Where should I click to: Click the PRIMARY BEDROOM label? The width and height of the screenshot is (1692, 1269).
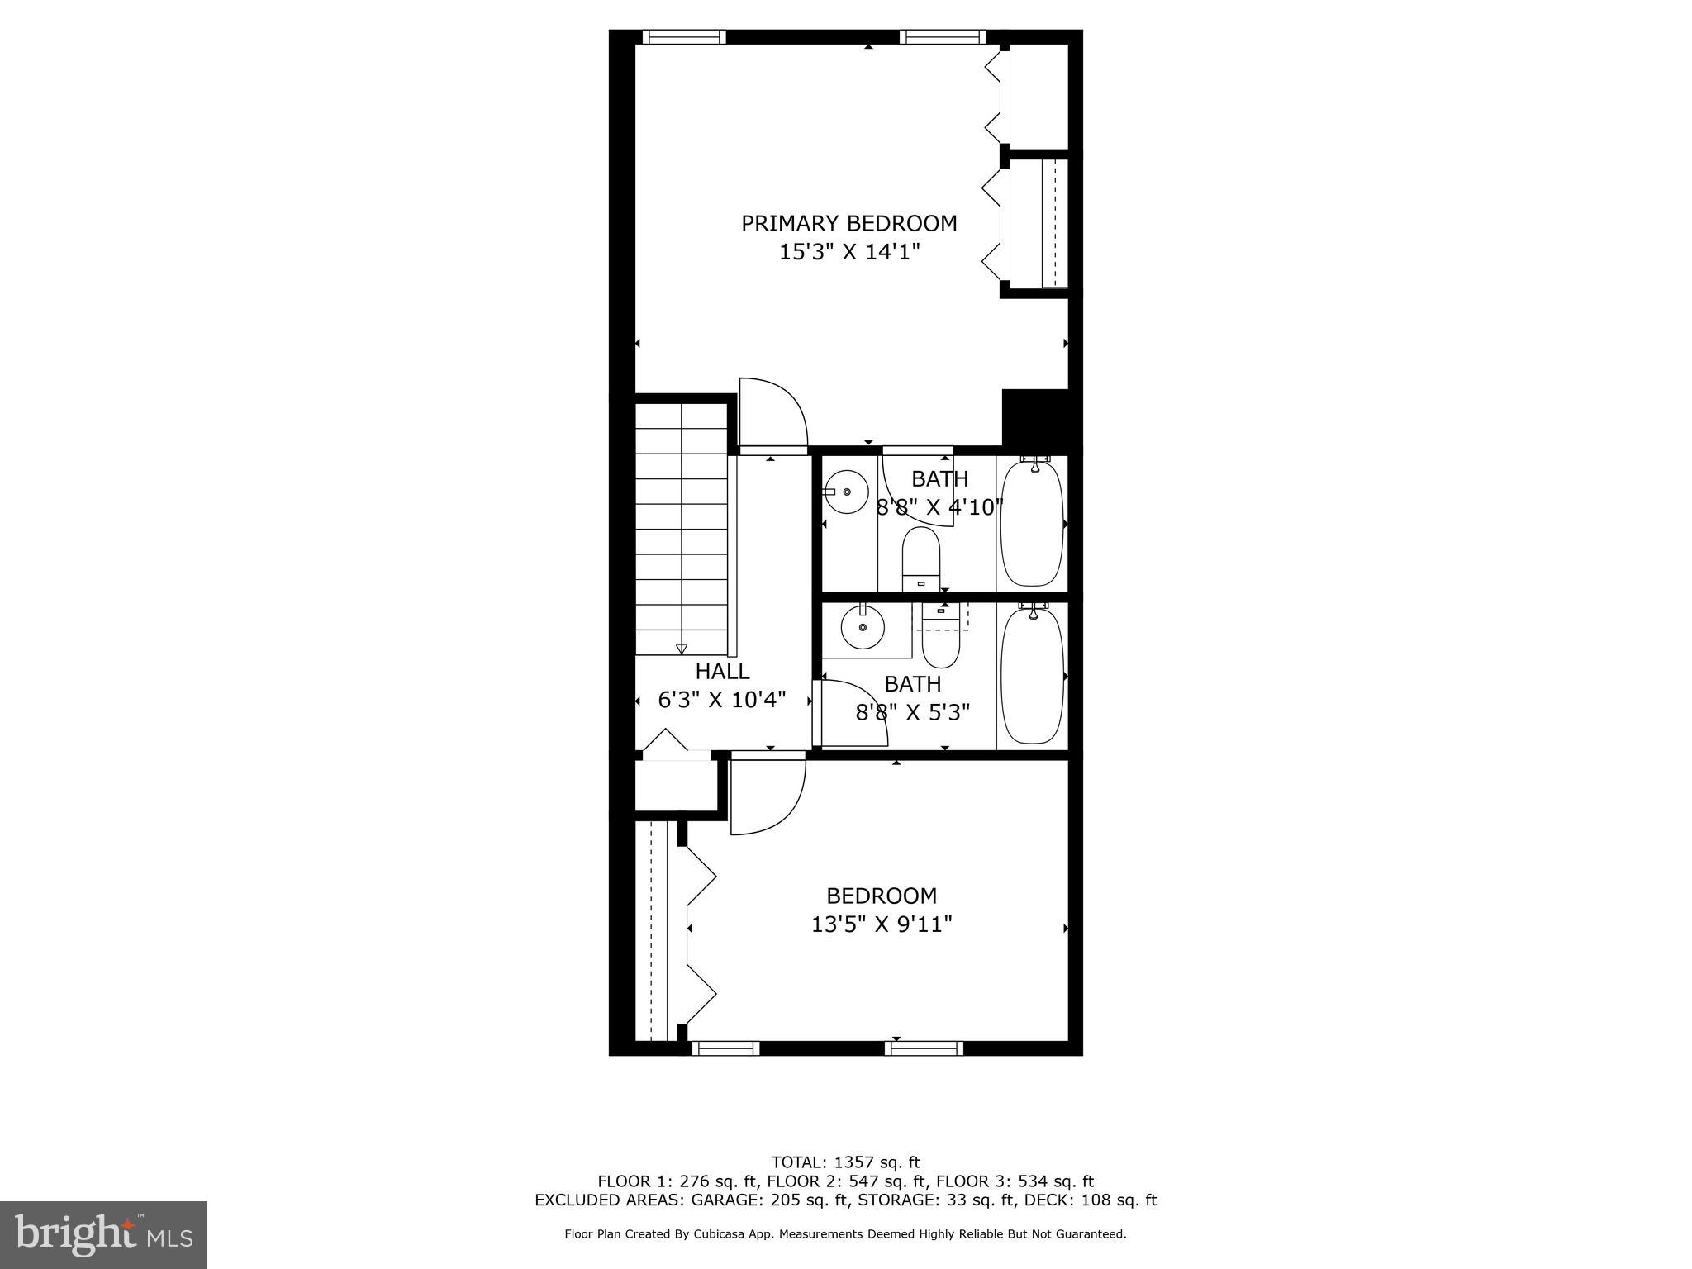coord(848,223)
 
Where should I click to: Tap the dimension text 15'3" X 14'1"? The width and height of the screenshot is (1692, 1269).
coord(848,252)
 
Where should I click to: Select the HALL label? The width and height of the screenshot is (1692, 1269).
coord(722,671)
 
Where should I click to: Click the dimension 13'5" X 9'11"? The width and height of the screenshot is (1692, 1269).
coord(882,924)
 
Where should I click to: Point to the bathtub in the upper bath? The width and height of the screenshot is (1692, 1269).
coord(1032,523)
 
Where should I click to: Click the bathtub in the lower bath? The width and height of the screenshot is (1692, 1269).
coord(1032,675)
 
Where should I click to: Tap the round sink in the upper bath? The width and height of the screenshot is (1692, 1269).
coord(846,492)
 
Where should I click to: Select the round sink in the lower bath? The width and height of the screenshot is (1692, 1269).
coord(863,628)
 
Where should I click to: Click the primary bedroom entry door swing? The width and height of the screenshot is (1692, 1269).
coord(772,413)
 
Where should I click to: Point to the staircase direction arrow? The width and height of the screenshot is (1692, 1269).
coord(682,649)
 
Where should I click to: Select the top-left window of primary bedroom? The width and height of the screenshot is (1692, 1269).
coord(684,36)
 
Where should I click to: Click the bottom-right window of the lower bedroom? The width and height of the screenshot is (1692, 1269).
coord(924,1048)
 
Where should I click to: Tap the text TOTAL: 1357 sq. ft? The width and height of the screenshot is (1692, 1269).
coord(845,1162)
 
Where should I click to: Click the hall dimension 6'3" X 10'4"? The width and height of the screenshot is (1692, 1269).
coord(722,700)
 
